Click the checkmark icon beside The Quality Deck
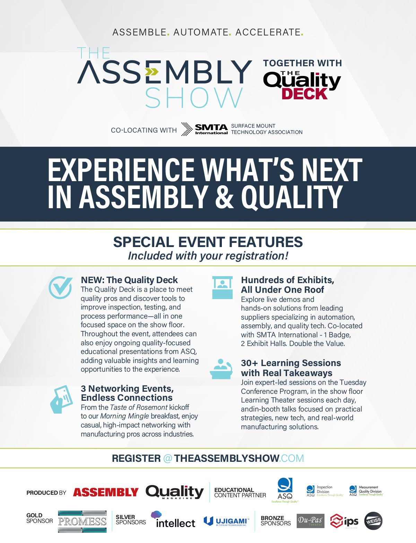61,287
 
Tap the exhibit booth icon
222,288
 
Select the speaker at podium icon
221,369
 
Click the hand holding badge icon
61,399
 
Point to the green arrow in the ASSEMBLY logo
151,72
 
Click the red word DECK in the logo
305,94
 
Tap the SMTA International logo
205,129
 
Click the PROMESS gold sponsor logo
82,521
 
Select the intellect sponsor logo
173,519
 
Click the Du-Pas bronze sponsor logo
310,521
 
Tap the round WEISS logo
373,521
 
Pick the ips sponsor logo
344,521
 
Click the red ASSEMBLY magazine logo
106,492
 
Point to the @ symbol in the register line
167,458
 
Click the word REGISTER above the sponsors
136,458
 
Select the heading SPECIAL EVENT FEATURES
208,242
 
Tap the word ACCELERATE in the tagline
268,32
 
